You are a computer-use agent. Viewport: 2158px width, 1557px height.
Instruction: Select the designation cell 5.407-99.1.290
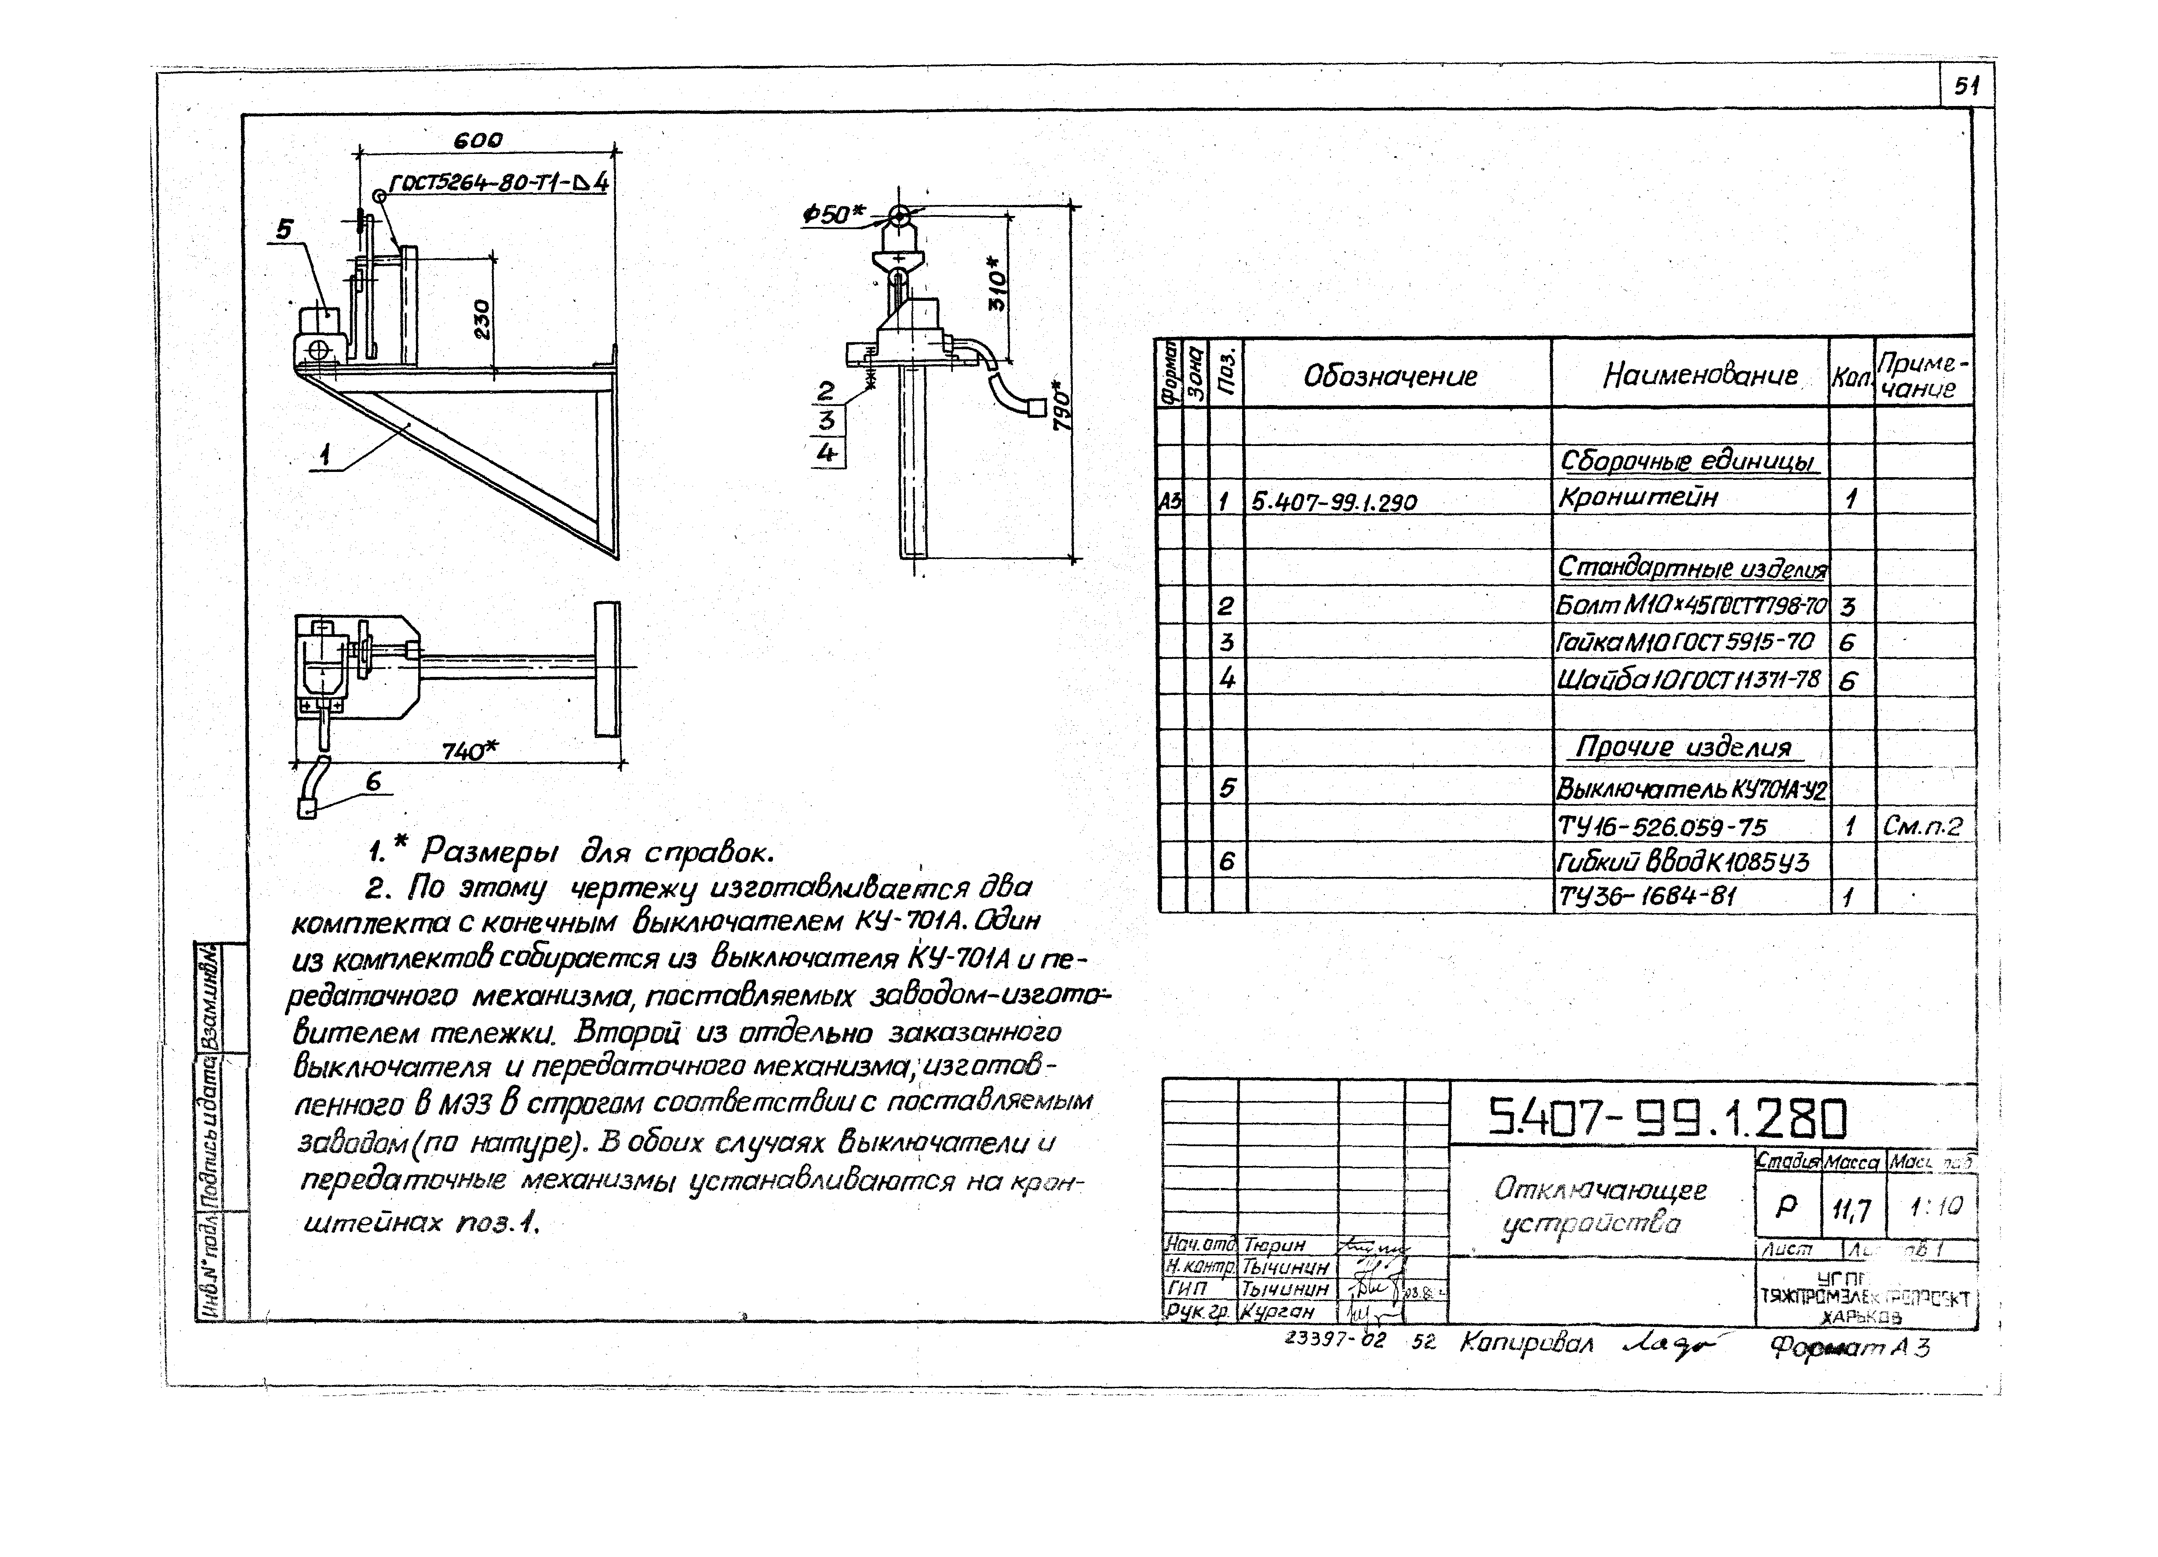coord(1334,501)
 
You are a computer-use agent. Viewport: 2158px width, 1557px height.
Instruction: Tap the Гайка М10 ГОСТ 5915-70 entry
coord(1684,643)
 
